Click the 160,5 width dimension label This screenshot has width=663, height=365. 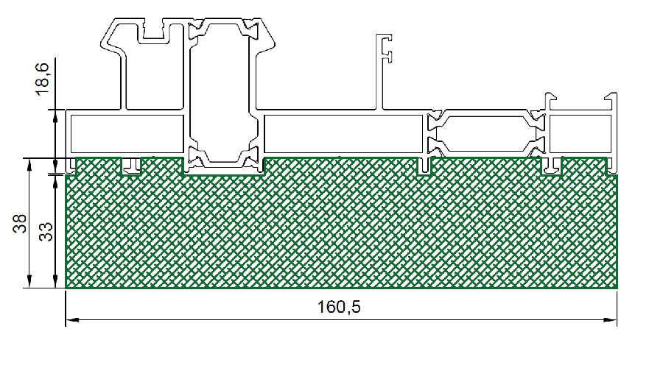339,307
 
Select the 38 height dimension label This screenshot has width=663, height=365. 19,224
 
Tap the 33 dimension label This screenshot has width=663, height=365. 46,232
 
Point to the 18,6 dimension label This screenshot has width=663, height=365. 42,79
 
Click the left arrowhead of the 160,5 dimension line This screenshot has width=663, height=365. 72,320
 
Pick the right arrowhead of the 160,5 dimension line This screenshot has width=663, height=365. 611,320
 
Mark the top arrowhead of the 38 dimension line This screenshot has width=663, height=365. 29,165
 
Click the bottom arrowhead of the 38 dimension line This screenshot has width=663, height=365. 29,281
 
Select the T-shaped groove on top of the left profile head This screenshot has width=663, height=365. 154,31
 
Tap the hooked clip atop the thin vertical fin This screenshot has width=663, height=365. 385,48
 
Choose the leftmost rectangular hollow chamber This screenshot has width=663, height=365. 127,133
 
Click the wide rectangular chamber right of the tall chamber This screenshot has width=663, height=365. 343,133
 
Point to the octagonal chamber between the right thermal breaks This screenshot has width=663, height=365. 486,133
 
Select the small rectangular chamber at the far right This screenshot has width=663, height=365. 580,133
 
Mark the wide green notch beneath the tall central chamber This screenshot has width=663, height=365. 223,166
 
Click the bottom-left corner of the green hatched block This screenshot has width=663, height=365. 66,288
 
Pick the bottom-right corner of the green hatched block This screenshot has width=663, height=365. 617,288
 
